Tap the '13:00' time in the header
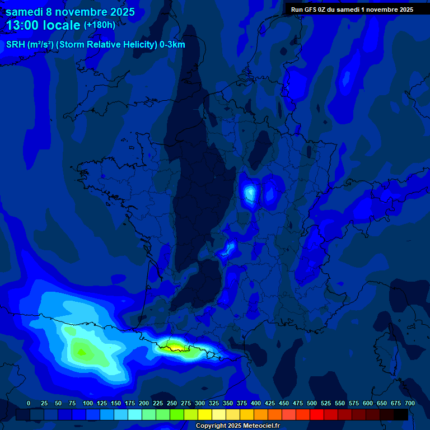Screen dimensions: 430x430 (x=24, y=25)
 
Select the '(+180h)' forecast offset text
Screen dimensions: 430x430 (x=100, y=25)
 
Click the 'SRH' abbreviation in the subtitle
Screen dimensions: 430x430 (x=15, y=45)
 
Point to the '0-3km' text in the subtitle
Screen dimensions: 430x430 (x=172, y=45)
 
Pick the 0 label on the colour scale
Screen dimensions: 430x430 (x=29, y=403)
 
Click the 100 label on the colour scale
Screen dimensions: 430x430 (x=88, y=403)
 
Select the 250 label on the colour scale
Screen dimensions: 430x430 (x=172, y=403)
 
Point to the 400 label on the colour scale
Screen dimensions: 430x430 (x=256, y=403)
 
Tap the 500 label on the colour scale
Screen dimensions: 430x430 (x=312, y=403)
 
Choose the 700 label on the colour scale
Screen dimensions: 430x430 (x=410, y=403)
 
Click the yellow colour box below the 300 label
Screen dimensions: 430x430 (x=205, y=414)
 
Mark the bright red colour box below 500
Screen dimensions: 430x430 (x=317, y=414)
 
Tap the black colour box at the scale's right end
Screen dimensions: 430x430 (x=401, y=414)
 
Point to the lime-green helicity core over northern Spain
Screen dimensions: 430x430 (x=81, y=352)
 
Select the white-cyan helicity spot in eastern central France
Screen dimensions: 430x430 (x=250, y=193)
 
